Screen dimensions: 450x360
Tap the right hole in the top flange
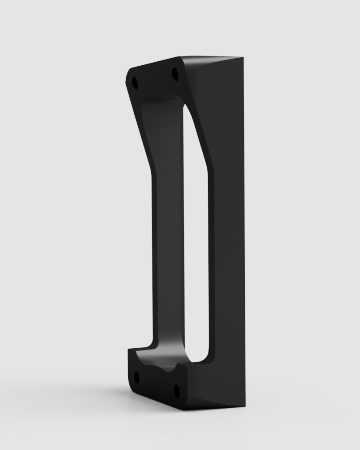pos(175,74)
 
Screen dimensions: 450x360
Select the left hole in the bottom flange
pos(136,378)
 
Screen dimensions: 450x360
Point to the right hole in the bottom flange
pos(176,391)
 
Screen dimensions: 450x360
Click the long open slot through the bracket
pos(196,231)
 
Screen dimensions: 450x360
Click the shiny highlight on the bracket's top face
pos(209,60)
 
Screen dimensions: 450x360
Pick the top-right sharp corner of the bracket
pos(243,57)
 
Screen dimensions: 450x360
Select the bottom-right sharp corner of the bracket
pos(244,406)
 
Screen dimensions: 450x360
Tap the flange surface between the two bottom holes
pos(156,384)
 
